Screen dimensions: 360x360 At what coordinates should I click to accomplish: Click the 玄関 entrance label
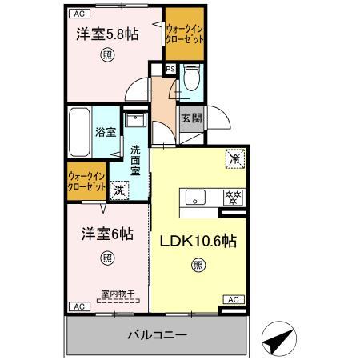191,119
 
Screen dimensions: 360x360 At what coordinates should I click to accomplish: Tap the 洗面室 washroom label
136,159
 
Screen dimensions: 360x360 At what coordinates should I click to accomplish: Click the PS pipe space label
170,70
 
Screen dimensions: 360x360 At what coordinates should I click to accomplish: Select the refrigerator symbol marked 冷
235,158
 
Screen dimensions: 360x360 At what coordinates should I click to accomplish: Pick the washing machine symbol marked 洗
118,190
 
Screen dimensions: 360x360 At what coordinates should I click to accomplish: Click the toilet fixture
190,80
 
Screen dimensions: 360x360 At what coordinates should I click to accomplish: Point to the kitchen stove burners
234,194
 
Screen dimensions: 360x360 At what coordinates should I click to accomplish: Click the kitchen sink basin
197,197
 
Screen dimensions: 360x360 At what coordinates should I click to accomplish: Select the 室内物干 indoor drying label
106,294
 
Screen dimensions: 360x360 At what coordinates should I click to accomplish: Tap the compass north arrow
279,339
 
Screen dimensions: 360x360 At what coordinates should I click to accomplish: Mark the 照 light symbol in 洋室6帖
106,258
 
